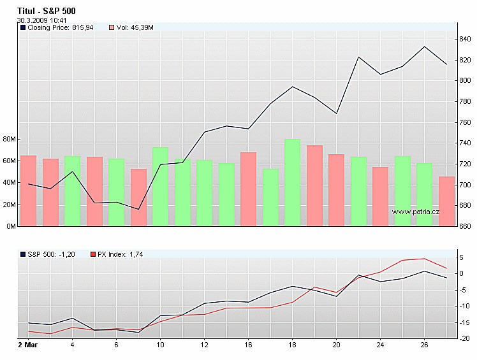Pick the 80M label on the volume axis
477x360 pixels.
(x=10, y=139)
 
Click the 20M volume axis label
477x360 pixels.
(x=10, y=205)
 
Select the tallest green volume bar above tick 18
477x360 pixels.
(x=292, y=182)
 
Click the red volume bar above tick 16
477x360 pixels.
(x=248, y=189)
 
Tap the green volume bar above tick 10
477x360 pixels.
(x=160, y=187)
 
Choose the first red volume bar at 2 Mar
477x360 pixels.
(x=28, y=191)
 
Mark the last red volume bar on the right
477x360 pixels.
(x=447, y=201)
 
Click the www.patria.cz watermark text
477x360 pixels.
(x=416, y=212)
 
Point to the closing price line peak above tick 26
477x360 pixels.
(x=425, y=47)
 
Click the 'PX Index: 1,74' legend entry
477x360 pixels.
(x=121, y=254)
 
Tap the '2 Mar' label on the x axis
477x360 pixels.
(x=26, y=345)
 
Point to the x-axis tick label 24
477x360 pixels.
(x=380, y=345)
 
